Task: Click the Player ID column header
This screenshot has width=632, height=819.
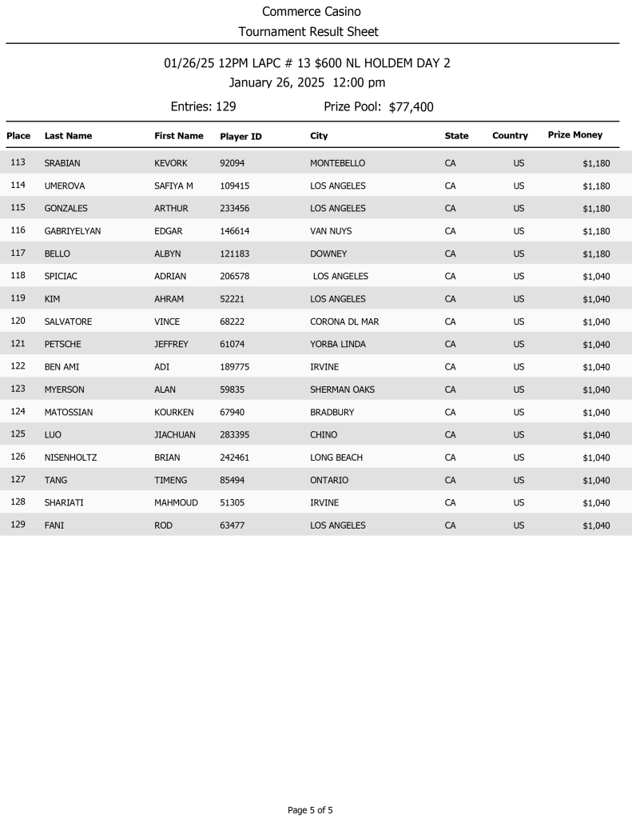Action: [240, 137]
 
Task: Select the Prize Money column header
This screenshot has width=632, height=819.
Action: [574, 135]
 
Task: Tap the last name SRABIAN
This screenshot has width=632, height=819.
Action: [62, 163]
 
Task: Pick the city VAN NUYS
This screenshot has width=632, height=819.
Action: [331, 231]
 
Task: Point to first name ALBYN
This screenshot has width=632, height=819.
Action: [168, 254]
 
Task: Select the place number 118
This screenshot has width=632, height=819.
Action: [18, 276]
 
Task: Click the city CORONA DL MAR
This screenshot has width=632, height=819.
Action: [344, 322]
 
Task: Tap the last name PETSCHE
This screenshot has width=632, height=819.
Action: [62, 344]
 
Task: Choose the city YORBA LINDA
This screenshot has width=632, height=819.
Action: [338, 344]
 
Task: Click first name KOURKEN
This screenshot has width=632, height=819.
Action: [174, 412]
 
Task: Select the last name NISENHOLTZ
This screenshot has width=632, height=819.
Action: [70, 457]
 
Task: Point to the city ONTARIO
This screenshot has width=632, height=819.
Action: [329, 480]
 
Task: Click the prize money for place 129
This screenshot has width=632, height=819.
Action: [596, 525]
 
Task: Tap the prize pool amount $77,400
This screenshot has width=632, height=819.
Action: [411, 107]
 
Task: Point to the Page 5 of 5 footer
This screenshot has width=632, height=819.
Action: [310, 810]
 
